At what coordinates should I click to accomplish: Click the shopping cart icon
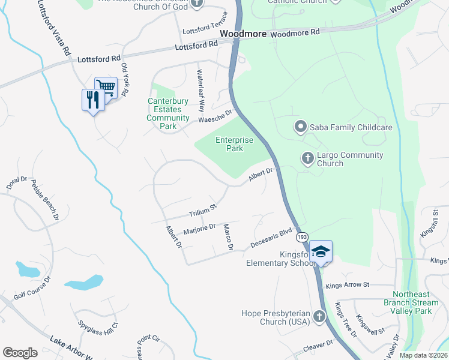point(106,88)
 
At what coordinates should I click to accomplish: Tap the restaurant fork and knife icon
point(92,100)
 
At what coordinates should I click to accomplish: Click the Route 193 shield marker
point(302,238)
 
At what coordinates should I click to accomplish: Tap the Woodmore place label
point(243,34)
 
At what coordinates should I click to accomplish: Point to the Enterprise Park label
point(234,144)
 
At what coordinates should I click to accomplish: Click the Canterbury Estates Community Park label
point(169,114)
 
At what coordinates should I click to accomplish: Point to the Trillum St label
point(202,211)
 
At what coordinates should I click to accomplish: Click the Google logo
point(20,353)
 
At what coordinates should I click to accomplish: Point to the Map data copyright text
point(423,355)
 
